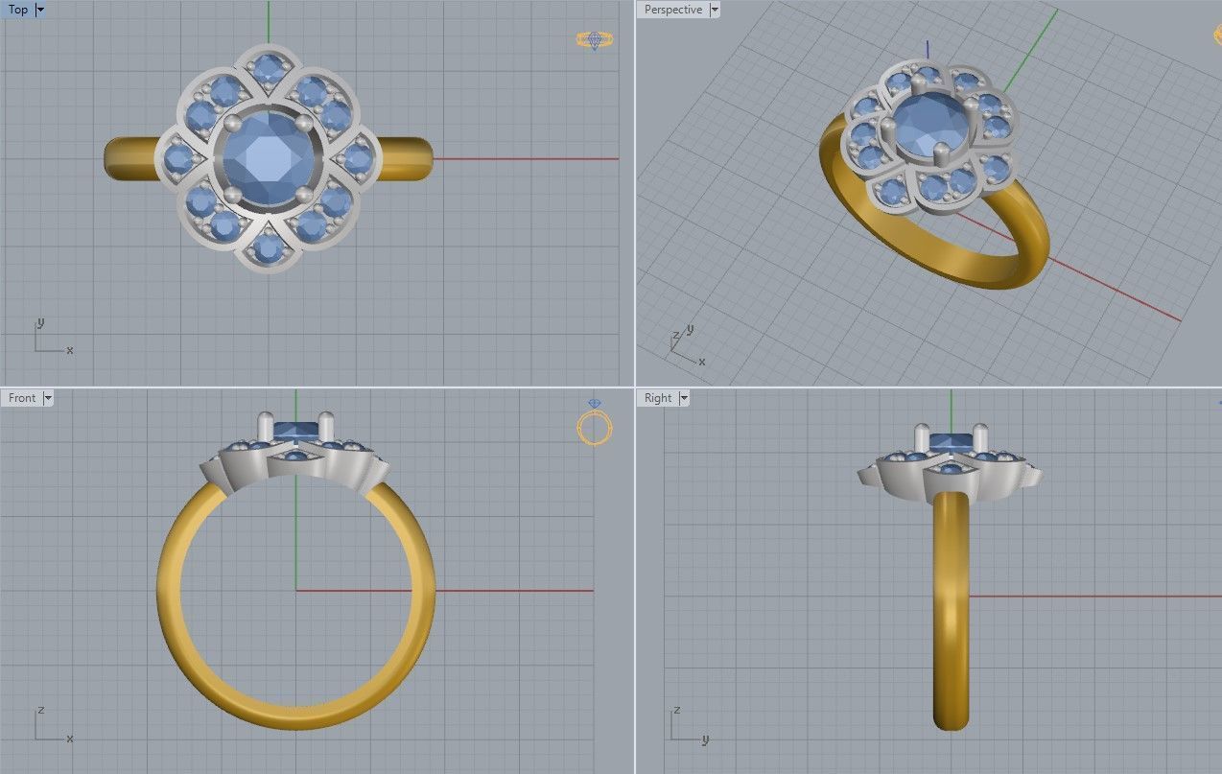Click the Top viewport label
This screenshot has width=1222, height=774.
coord(18,10)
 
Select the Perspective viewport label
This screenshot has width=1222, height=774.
coord(672,10)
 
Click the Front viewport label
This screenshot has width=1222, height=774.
coord(22,398)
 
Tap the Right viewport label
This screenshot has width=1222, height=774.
coord(658,398)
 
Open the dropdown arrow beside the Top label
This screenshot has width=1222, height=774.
coord(40,10)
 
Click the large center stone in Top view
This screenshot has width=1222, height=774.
coord(269,158)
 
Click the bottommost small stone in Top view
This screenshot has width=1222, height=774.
coord(269,248)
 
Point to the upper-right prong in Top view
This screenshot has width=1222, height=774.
coord(304,123)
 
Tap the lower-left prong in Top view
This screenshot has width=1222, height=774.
coord(232,195)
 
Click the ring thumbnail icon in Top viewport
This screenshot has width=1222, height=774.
coord(595,40)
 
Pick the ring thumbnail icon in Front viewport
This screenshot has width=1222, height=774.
coord(595,425)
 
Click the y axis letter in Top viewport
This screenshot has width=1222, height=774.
coord(40,322)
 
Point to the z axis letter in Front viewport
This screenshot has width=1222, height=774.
coord(40,711)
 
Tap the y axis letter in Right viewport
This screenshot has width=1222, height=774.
coord(705,739)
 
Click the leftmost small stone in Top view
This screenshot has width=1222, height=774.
coord(179,158)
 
